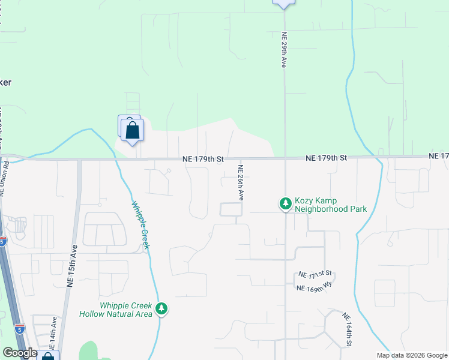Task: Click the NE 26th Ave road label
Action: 241,182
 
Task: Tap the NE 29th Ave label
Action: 283,50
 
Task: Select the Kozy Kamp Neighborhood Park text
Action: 331,205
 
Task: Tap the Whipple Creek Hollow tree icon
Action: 161,309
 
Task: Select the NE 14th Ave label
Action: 53,334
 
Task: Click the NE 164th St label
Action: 347,330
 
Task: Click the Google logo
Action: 20,353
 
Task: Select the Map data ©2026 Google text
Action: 412,355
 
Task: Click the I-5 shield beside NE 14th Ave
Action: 20,329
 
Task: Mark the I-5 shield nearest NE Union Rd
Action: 3,241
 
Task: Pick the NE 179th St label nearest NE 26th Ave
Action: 203,159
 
